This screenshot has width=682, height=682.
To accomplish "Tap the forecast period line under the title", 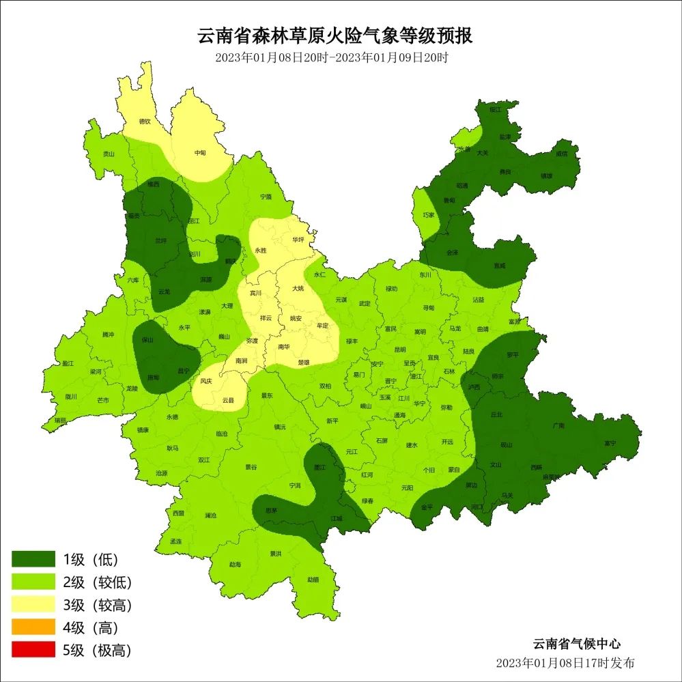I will (x=331, y=58).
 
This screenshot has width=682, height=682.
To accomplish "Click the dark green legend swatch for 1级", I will (x=33, y=560).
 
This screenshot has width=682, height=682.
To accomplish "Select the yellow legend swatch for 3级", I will (x=33, y=604).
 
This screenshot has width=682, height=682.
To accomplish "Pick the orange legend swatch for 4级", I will (x=33, y=627).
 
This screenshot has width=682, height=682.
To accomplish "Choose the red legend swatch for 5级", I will (x=33, y=649).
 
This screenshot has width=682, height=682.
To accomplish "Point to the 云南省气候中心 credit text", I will (x=577, y=643).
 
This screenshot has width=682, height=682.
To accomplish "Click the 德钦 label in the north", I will (x=145, y=122).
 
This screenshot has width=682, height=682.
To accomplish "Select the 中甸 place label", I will (x=200, y=154).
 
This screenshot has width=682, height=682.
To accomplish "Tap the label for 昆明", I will (x=400, y=350).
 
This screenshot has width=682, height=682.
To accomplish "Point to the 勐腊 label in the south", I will (x=313, y=580).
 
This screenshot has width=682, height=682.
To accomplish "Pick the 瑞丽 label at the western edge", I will (x=60, y=421).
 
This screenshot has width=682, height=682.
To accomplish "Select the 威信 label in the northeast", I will (x=560, y=154).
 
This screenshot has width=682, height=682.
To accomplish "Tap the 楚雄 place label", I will (x=304, y=363).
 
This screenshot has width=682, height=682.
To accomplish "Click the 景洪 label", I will (x=275, y=554).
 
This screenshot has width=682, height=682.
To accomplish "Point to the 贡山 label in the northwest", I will (x=109, y=155).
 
